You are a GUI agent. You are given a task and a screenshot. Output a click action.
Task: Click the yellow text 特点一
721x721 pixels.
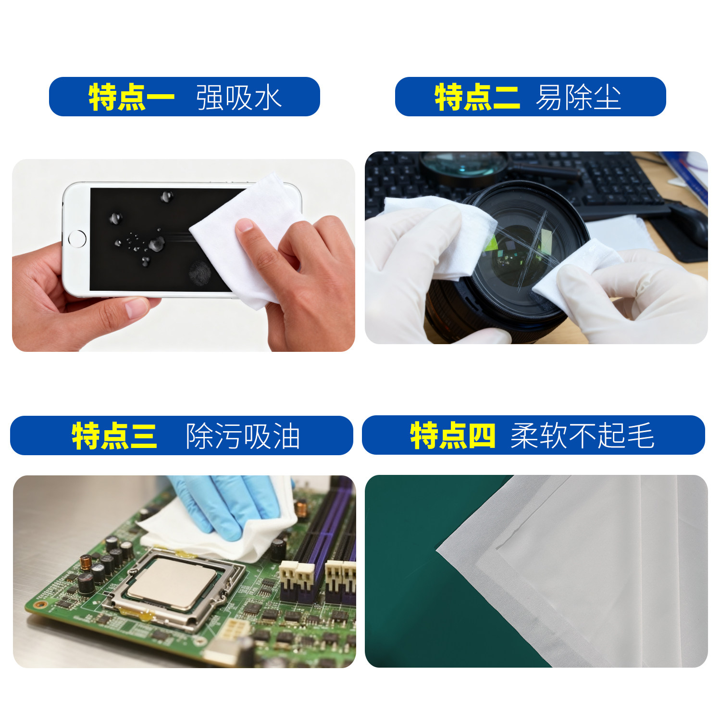tap(131, 97)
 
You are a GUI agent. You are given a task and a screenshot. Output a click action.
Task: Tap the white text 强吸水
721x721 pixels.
tap(238, 97)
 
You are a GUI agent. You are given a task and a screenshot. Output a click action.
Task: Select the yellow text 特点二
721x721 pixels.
tap(477, 97)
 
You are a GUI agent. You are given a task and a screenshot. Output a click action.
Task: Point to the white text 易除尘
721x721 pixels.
tap(578, 97)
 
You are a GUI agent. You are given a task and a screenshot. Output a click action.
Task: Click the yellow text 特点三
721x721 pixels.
tap(114, 436)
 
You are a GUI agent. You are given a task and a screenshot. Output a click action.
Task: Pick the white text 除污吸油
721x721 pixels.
tap(243, 436)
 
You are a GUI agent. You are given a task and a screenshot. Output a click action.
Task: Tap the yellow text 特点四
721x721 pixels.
tap(452, 436)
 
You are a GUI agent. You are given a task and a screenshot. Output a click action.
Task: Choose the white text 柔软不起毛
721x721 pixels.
tap(582, 436)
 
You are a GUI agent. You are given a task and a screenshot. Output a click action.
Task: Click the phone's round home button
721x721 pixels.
tap(77, 238)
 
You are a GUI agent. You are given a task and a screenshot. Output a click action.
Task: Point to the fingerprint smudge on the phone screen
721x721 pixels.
tap(200, 273)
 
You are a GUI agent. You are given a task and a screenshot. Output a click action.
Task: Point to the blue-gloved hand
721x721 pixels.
tap(231, 505)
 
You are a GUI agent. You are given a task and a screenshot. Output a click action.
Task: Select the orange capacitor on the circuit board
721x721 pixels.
tap(86, 562)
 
